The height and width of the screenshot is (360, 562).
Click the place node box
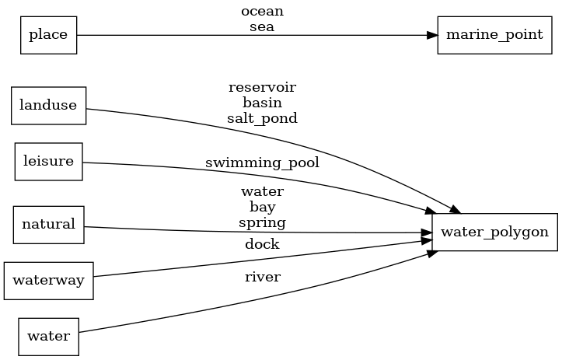[48, 35]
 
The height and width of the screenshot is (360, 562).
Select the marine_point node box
[489, 35]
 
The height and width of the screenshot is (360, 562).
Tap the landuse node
[48, 106]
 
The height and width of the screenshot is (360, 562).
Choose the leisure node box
[48, 162]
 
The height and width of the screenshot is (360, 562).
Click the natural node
[48, 225]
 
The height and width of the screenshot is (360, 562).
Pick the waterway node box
[48, 281]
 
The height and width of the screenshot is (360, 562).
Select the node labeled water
[48, 337]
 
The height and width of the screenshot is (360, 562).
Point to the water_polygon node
[494, 232]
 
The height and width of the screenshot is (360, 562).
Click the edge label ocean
[262, 12]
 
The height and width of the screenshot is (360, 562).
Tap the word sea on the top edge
[262, 26]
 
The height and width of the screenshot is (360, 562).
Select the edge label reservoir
[262, 86]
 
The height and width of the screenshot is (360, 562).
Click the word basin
[262, 102]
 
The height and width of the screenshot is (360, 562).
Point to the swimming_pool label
[262, 163]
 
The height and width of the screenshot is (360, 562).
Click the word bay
[262, 207]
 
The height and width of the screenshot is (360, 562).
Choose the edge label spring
[262, 222]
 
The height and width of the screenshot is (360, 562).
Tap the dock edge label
[262, 244]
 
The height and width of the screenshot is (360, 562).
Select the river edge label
[262, 276]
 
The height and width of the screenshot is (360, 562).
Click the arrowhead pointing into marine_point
[431, 35]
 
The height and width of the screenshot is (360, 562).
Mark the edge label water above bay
[262, 190]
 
